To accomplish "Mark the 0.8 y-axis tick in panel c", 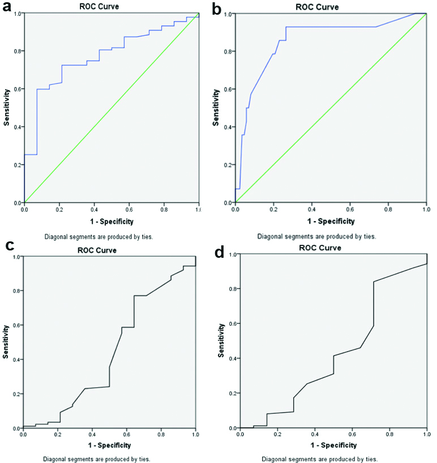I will tap(18, 291).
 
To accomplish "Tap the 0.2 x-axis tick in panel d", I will tap(277, 435).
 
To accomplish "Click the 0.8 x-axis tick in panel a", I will tap(164, 209).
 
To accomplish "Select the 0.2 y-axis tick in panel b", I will tap(229, 165).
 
